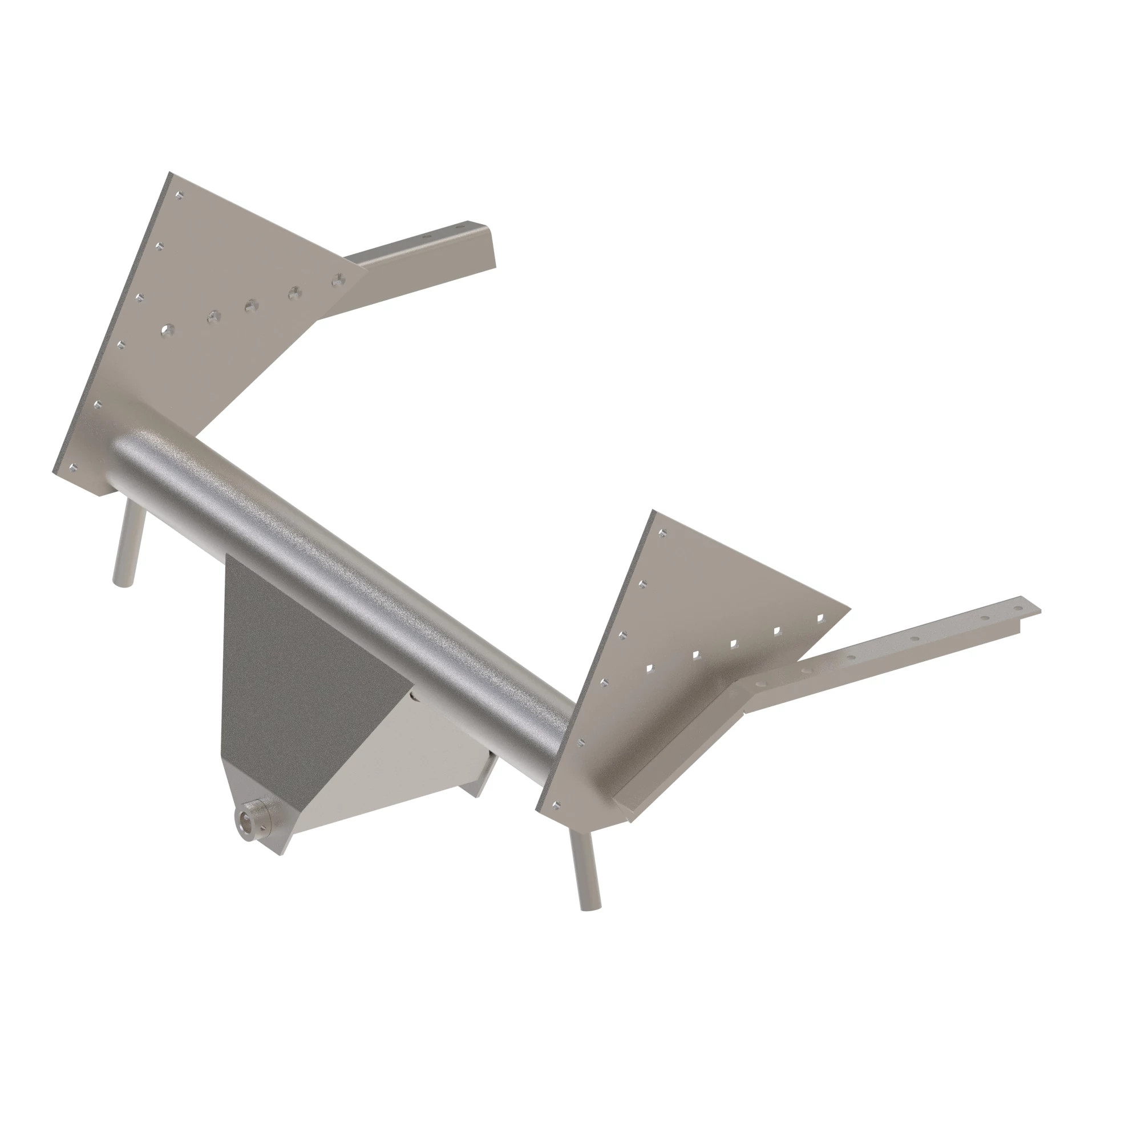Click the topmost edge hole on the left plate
point(180,195)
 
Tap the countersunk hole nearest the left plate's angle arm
point(337,280)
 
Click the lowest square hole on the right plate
point(650,668)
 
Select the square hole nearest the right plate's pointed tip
point(820,618)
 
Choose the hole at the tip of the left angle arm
point(467,226)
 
